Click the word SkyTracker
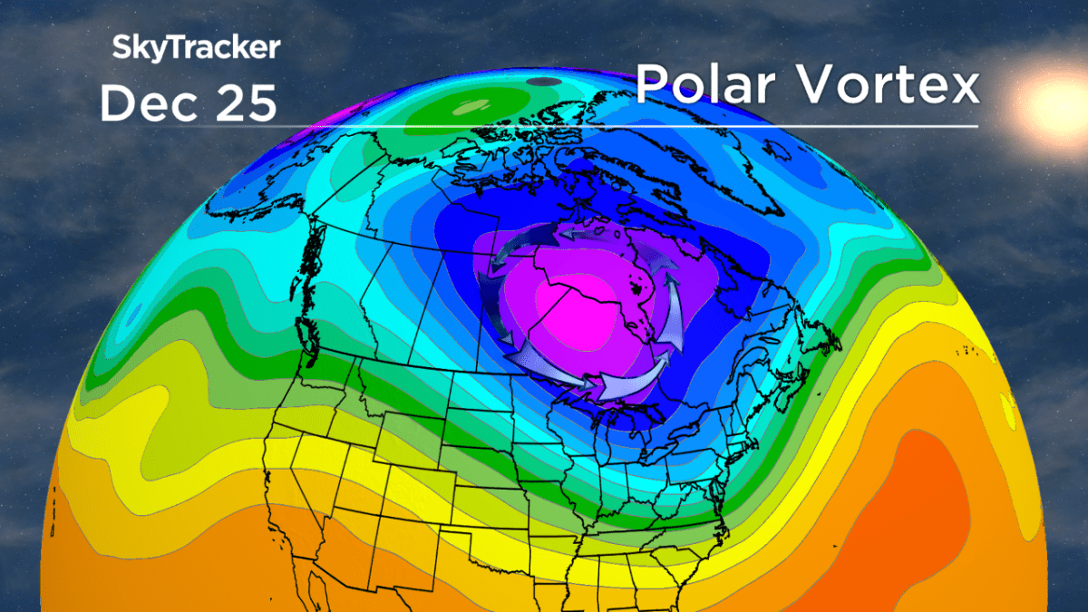click(x=196, y=47)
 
